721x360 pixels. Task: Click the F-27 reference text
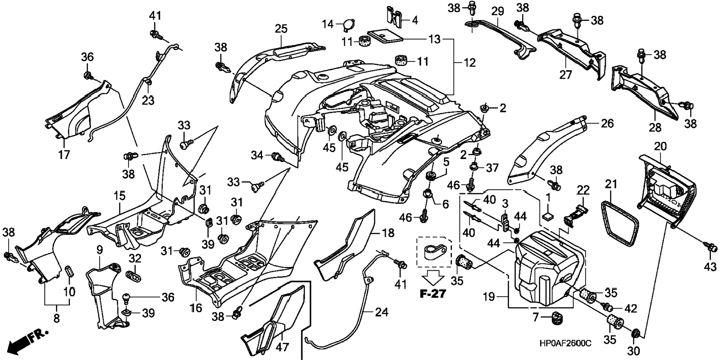coord(433,294)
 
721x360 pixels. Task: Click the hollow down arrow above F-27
coord(433,278)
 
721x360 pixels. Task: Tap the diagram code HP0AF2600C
coord(565,343)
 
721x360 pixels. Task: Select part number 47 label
coord(282,347)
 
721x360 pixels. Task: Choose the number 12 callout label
coord(469,63)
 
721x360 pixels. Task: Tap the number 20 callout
coord(660,147)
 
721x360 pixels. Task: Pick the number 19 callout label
coord(489,297)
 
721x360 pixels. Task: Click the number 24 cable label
coord(381,312)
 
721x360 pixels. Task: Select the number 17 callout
coord(64,154)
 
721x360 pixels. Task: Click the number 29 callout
coord(497,11)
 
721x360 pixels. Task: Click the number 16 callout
coord(196,308)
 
